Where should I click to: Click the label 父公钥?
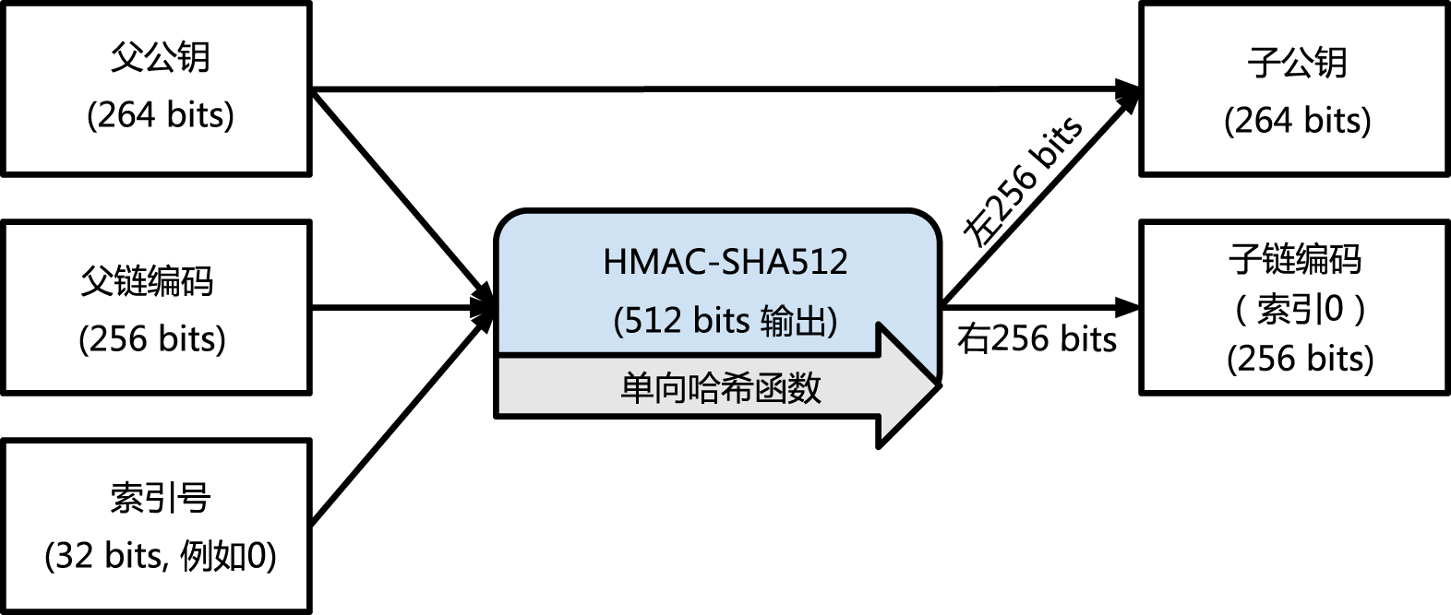click(160, 57)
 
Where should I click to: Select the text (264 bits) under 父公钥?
click(160, 115)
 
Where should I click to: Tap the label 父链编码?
click(147, 280)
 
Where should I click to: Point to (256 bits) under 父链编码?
click(152, 338)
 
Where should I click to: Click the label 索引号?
click(160, 499)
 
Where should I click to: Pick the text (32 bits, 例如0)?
click(160, 555)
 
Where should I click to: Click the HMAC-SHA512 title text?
click(725, 262)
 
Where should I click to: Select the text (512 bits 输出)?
click(725, 321)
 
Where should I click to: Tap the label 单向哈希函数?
click(720, 388)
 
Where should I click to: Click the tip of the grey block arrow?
click(940, 385)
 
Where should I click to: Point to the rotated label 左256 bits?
click(1022, 183)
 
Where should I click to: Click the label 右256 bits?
click(1037, 338)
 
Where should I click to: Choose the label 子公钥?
click(1298, 62)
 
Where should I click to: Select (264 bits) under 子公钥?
click(1298, 121)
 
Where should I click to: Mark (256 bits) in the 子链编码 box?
click(1300, 359)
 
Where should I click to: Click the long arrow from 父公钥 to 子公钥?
click(725, 89)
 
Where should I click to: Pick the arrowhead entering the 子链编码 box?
click(1127, 307)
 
